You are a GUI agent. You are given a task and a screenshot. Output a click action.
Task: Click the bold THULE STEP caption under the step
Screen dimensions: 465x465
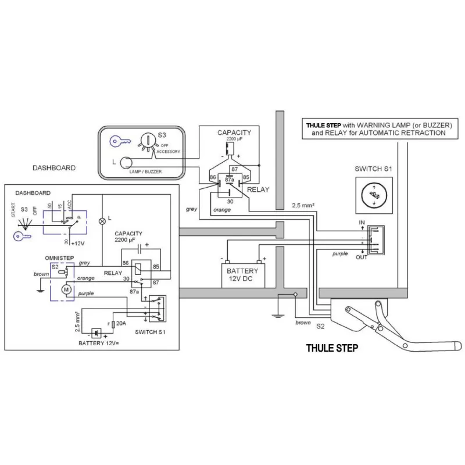click(332, 349)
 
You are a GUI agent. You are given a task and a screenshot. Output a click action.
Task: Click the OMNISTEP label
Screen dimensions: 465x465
click(58, 257)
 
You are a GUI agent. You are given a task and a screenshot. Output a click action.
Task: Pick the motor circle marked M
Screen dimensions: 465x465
click(66, 289)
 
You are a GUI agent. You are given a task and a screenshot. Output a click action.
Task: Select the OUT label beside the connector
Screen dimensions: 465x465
click(362, 257)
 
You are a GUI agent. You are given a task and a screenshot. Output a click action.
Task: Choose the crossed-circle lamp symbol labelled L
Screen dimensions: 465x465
click(102, 221)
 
